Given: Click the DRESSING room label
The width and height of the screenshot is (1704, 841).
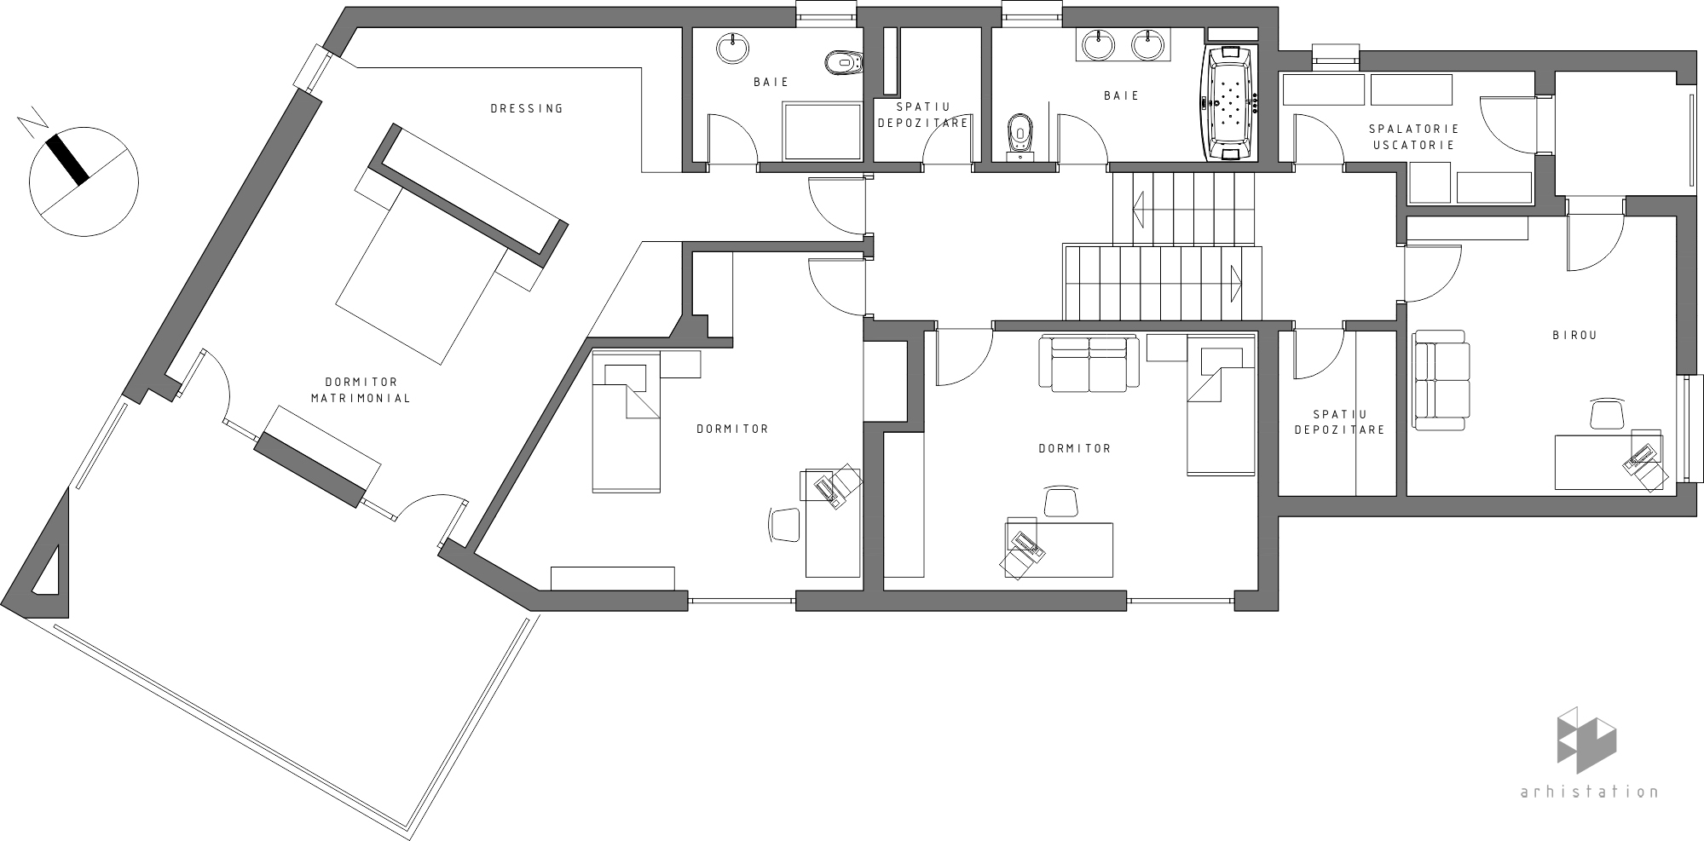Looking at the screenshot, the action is [x=527, y=108].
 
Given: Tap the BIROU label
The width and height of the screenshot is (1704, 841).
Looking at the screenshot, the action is [x=1574, y=336].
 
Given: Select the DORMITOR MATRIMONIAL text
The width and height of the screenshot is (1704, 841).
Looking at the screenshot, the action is [x=361, y=390].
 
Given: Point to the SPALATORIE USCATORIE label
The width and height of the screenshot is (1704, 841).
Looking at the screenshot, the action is [x=1413, y=136].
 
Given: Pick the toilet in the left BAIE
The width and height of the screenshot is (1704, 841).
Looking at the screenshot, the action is [x=845, y=62].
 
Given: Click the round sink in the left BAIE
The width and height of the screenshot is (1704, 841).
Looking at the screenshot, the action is [x=733, y=48].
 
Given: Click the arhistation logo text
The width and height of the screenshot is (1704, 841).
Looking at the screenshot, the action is [x=1590, y=792].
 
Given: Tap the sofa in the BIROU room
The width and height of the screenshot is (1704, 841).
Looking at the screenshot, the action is [x=1441, y=379].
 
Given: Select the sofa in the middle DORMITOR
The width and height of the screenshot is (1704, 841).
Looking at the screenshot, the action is [x=1089, y=364].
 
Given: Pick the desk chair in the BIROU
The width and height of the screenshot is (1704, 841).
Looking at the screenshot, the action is [x=1607, y=413].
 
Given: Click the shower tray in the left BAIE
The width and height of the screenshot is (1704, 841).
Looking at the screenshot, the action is [x=823, y=130].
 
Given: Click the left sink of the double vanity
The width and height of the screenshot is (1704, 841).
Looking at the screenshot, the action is [x=1100, y=44].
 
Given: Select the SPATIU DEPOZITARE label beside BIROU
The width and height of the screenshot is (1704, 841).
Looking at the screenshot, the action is [x=1339, y=422].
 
